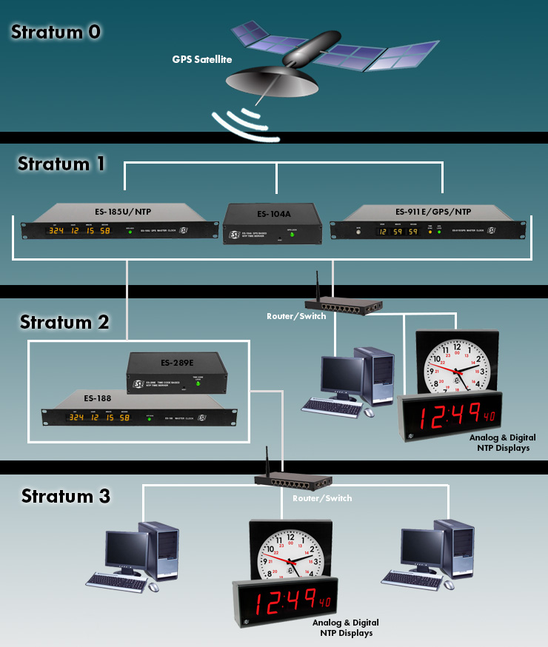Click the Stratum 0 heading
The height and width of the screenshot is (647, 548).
pyautogui.click(x=56, y=33)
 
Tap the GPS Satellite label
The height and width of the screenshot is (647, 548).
pyautogui.click(x=202, y=58)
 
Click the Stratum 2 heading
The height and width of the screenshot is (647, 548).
pyautogui.click(x=64, y=322)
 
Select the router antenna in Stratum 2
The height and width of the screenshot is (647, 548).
pyautogui.click(x=314, y=285)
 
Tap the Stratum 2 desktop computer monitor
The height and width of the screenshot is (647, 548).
pyautogui.click(x=341, y=377)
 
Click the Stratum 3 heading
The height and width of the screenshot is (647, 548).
pyautogui.click(x=66, y=495)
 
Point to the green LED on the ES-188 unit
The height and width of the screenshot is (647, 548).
pyautogui.click(x=149, y=418)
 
